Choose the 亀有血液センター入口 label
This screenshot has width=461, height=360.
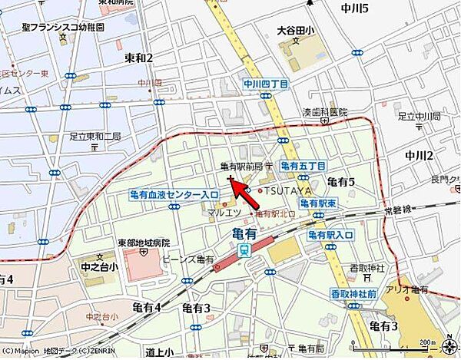174,197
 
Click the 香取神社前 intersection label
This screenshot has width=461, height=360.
353,294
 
